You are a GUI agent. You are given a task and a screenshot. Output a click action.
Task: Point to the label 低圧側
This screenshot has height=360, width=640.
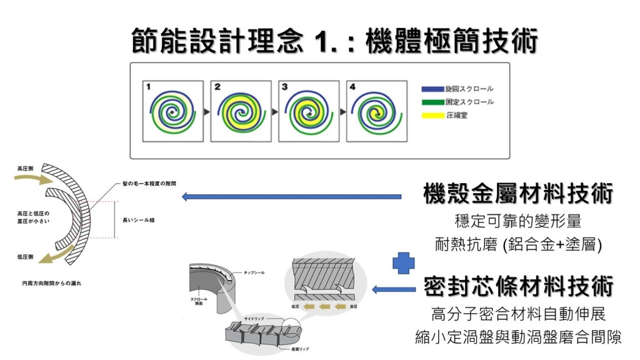coord(26,256)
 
